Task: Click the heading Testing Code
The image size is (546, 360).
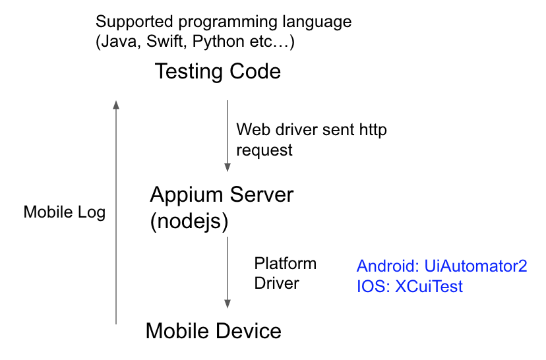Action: [x=218, y=71]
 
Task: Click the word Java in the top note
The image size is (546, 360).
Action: [x=119, y=43]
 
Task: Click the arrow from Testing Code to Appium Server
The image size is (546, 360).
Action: [x=228, y=136]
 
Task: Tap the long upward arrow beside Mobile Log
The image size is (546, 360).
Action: [x=116, y=211]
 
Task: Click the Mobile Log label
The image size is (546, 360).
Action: [x=64, y=213]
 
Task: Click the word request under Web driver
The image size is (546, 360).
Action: [x=264, y=150]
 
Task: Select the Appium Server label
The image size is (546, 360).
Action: [x=222, y=195]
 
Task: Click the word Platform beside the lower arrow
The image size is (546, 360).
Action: [x=286, y=264]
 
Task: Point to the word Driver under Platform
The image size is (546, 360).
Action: [x=276, y=284]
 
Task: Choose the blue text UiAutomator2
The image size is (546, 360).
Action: [x=475, y=266]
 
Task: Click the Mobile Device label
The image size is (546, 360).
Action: [x=213, y=330]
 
